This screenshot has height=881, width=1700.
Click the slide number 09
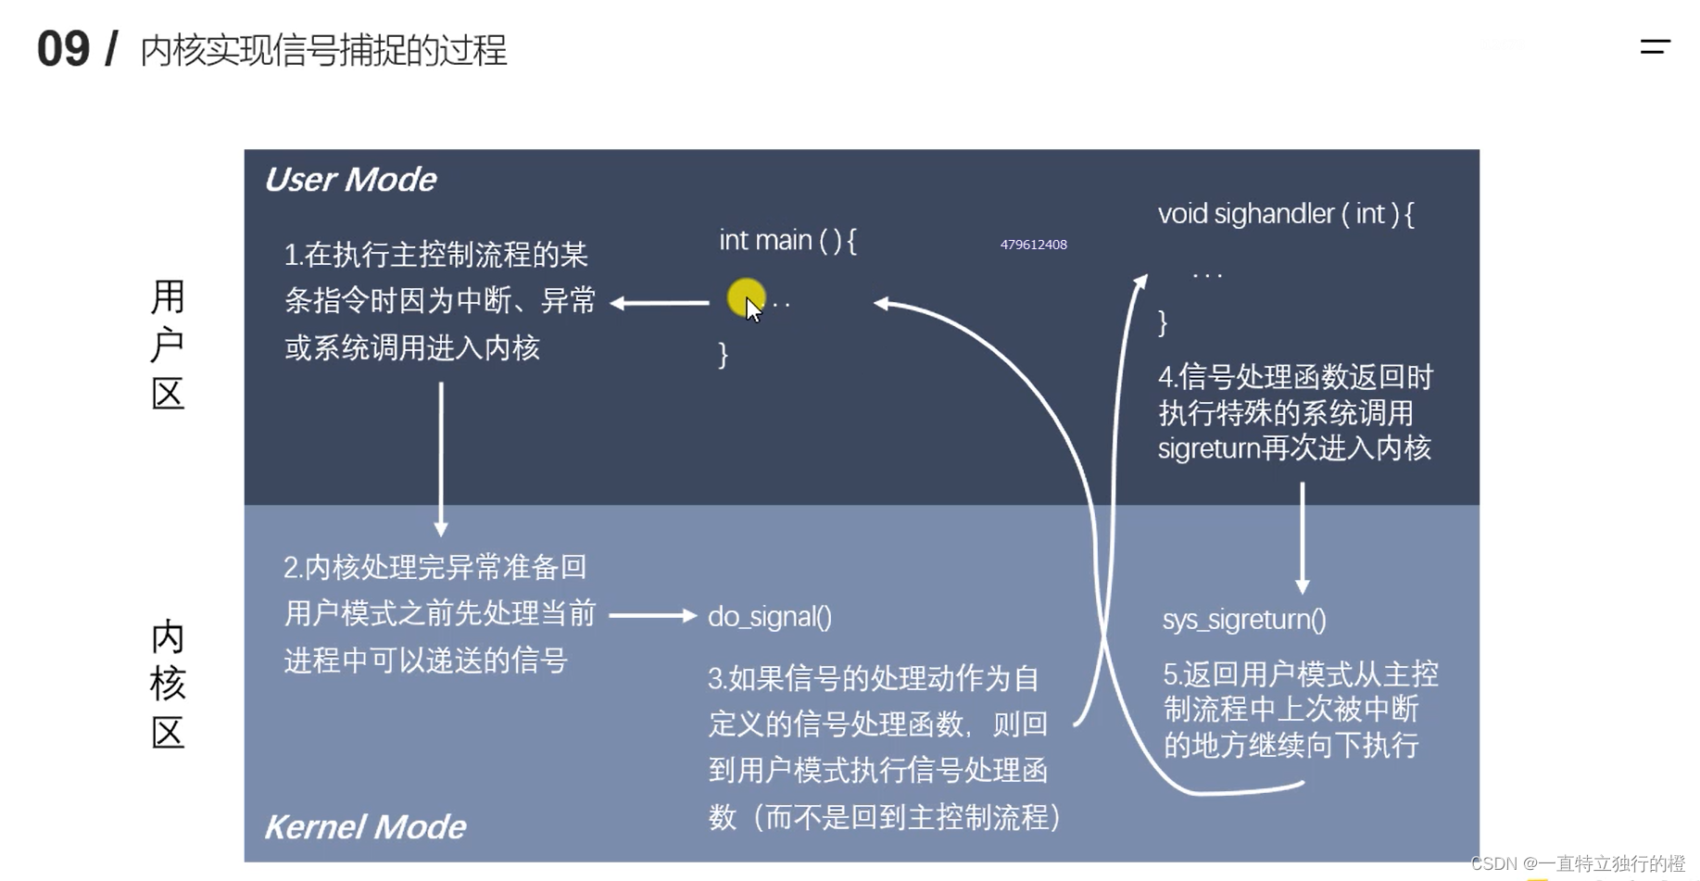click(x=63, y=49)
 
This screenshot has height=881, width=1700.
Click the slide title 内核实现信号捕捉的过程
click(x=323, y=51)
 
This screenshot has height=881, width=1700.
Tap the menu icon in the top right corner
click(x=1655, y=46)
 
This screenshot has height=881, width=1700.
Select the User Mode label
click(x=350, y=180)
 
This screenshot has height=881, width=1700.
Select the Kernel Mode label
click(x=365, y=826)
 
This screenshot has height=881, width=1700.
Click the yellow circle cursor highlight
click(x=745, y=298)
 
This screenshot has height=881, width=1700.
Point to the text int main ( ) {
click(x=787, y=241)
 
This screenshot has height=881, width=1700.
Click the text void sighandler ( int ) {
click(x=1286, y=215)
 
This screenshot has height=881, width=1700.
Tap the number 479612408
click(x=1033, y=245)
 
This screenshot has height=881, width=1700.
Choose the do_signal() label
click(x=769, y=617)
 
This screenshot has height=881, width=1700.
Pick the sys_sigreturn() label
click(x=1244, y=620)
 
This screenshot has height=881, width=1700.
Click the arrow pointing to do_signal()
click(x=652, y=615)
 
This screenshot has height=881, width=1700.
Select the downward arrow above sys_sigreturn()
click(x=1302, y=537)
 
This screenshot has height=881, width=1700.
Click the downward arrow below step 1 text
click(x=441, y=459)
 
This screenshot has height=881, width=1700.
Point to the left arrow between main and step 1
click(x=660, y=303)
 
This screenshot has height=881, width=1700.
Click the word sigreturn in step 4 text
click(x=1209, y=449)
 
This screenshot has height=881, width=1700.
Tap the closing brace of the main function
click(x=723, y=355)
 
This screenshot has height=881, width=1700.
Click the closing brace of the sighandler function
click(x=1163, y=322)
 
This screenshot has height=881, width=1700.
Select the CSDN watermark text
click(x=1577, y=863)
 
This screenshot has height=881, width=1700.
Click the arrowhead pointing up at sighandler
click(x=1140, y=281)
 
